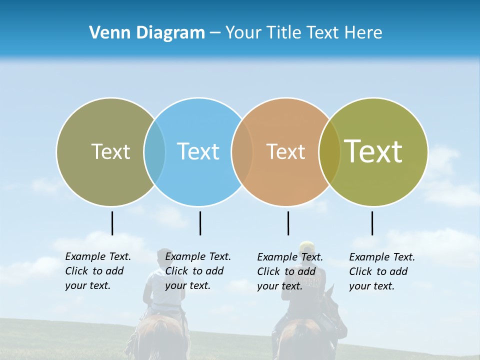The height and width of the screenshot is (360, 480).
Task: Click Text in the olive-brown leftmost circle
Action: point(110,151)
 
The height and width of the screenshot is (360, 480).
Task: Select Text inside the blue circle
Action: point(198,151)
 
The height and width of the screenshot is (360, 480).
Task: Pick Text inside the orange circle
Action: point(285,151)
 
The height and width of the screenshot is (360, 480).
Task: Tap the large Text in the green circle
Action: point(373,151)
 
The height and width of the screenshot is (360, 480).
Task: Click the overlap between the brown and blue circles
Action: point(154,151)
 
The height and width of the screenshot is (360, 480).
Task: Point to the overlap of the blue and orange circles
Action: point(242,151)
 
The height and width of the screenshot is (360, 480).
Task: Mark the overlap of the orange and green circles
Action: point(329,151)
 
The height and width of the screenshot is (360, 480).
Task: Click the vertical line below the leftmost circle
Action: point(112,223)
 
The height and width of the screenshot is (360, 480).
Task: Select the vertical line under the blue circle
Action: point(200,223)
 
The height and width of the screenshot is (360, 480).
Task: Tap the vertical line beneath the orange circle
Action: point(288,223)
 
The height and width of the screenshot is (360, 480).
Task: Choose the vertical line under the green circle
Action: point(372,223)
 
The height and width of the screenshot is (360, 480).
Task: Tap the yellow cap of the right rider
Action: point(306,246)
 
